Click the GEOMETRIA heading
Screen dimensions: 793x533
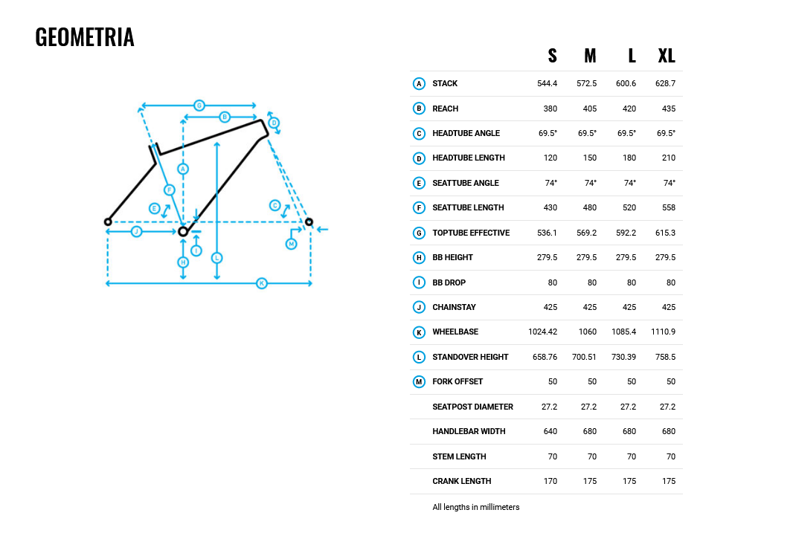click(x=85, y=37)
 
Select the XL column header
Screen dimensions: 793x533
click(x=667, y=56)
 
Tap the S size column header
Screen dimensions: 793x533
click(x=552, y=56)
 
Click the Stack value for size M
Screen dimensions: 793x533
click(x=586, y=83)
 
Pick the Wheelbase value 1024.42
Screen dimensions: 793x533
click(x=542, y=332)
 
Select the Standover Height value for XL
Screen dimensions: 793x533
click(x=665, y=357)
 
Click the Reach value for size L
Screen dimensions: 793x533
click(x=629, y=109)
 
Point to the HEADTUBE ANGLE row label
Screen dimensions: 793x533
click(x=466, y=133)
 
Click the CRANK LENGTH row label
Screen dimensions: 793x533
click(x=462, y=482)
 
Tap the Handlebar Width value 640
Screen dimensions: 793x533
click(x=550, y=431)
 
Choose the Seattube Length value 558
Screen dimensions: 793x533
click(x=669, y=207)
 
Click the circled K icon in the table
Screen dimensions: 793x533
click(x=419, y=332)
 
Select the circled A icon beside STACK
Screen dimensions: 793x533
click(x=419, y=83)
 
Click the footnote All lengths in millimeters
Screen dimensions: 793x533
click(x=476, y=507)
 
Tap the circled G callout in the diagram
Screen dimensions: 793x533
click(x=199, y=106)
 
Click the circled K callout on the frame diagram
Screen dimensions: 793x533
click(x=261, y=283)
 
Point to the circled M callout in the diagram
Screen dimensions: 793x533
click(x=292, y=244)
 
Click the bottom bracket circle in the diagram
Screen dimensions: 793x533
click(x=183, y=231)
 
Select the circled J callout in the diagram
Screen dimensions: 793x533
click(x=137, y=231)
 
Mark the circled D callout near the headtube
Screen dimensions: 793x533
click(x=274, y=123)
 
